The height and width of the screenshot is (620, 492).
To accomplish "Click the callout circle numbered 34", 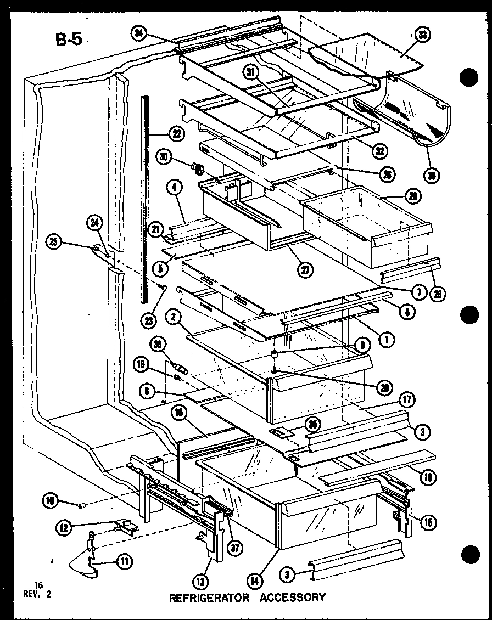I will point(139,34).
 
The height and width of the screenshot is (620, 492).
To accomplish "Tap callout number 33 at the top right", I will point(423,36).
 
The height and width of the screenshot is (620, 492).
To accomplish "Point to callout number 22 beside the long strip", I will point(176,133).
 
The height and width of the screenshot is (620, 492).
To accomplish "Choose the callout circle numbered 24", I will point(94,223).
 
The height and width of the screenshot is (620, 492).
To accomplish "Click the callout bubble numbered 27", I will point(303,268).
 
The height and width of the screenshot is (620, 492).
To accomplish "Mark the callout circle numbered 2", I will point(172,317).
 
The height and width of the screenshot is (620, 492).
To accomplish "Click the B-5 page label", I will point(68,40).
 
